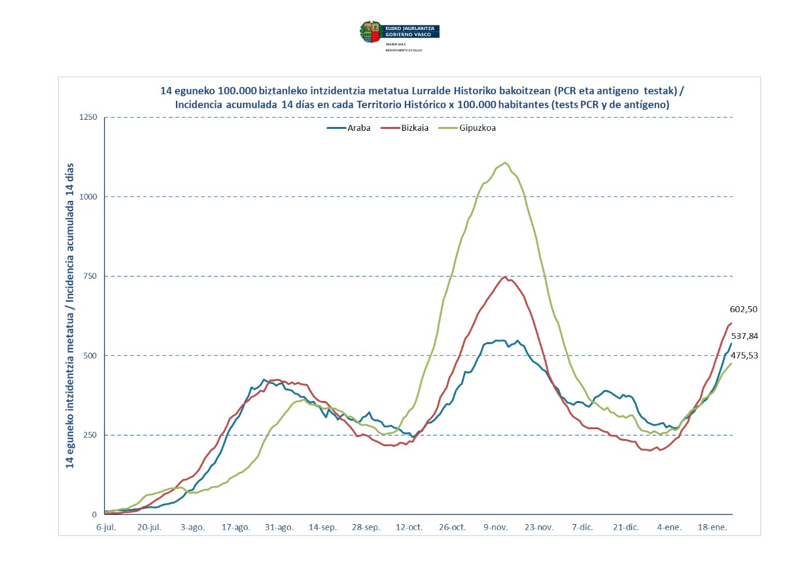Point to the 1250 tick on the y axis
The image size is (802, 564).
(88, 118)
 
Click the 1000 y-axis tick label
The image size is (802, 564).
(88, 197)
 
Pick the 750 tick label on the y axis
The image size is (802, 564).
(90, 276)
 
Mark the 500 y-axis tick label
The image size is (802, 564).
(90, 356)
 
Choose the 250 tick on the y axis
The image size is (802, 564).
(90, 435)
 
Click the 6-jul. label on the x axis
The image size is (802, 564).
(106, 527)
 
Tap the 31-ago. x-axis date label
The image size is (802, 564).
(280, 527)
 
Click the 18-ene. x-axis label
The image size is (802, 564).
(714, 527)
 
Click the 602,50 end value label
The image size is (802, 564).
(743, 309)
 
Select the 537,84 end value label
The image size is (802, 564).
(743, 336)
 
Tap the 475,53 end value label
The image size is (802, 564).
(743, 356)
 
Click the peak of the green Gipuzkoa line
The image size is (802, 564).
(505, 162)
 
